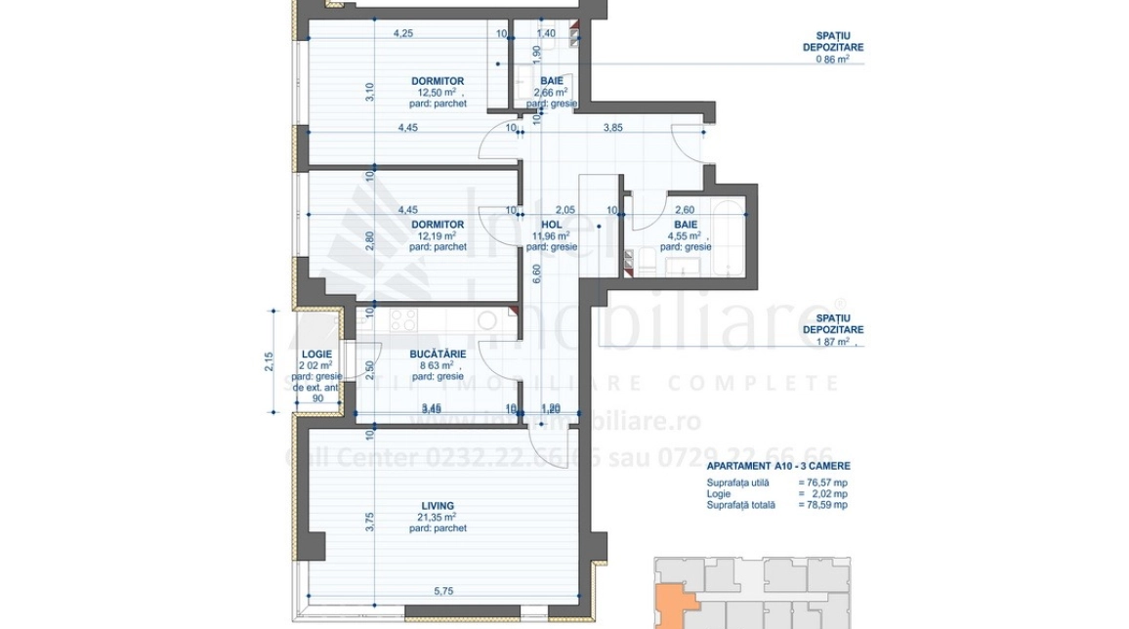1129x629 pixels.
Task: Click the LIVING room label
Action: [438, 505]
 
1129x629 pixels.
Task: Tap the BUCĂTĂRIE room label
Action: [438, 354]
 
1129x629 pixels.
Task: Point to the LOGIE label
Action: [316, 354]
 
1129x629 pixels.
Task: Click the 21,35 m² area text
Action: [437, 517]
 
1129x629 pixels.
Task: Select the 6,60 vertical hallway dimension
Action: [535, 276]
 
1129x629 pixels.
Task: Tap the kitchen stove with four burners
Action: [403, 318]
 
